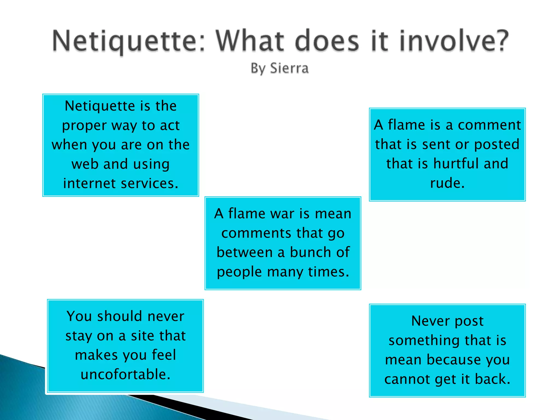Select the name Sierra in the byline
coord(289,68)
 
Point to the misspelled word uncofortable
coord(126,374)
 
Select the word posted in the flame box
coord(497,145)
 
